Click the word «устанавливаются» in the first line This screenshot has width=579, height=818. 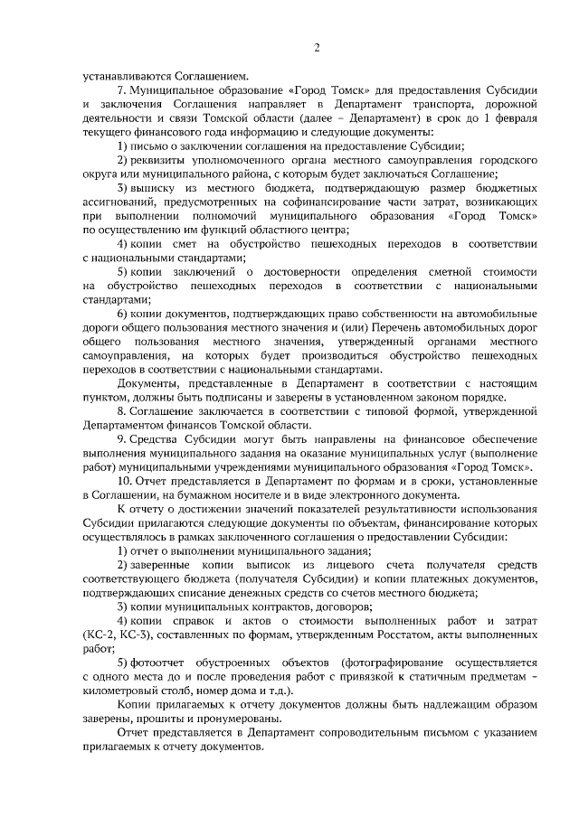[x=124, y=76]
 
